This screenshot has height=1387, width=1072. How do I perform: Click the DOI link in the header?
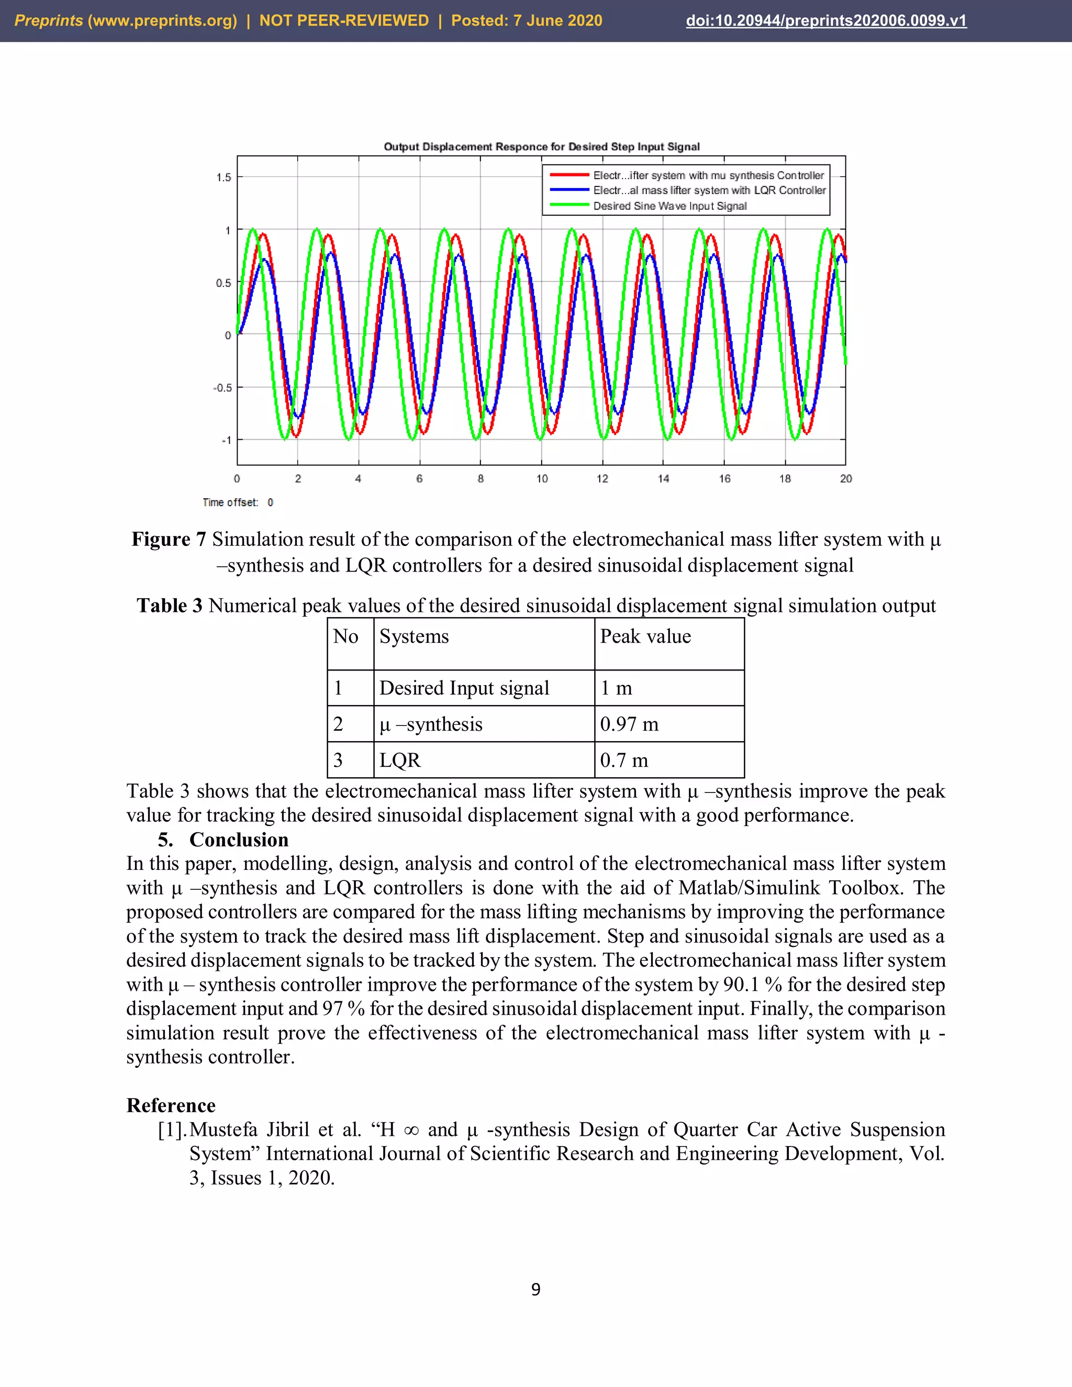tap(825, 20)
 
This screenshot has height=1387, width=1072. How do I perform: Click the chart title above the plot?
tap(541, 147)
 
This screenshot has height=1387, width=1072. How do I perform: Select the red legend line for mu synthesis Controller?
tap(569, 175)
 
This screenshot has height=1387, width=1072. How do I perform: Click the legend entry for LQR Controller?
tap(709, 190)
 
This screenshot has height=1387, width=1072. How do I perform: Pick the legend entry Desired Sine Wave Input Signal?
tap(669, 206)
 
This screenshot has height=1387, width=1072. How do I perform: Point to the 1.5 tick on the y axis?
tap(224, 177)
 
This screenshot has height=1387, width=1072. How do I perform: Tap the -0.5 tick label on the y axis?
tap(222, 387)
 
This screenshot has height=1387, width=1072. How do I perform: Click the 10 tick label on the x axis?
tap(542, 479)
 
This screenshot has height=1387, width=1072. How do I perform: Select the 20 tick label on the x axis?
tap(845, 479)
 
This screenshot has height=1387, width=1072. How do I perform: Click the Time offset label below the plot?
tap(230, 502)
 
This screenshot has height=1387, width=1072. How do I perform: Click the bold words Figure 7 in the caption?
tap(169, 539)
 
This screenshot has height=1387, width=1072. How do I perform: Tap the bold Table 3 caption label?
tap(170, 605)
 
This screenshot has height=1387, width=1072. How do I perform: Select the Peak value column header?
tap(645, 636)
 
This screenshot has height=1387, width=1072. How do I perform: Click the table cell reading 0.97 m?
tap(629, 724)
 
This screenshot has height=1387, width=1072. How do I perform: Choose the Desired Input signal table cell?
tap(464, 688)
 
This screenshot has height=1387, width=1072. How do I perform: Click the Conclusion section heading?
tap(238, 840)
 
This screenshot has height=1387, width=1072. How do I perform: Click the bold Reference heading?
tap(171, 1105)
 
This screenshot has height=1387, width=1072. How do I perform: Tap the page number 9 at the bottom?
tap(535, 1289)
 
